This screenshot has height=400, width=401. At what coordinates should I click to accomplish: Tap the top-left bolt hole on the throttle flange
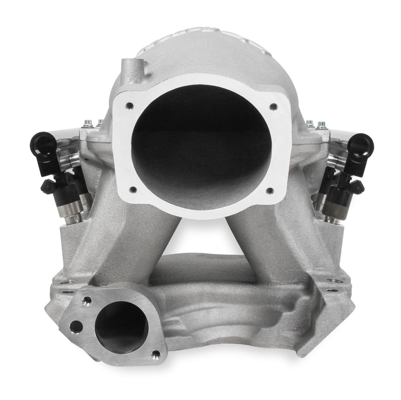coord(130,106)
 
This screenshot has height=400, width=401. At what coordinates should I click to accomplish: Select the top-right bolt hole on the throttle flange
coord(273,106)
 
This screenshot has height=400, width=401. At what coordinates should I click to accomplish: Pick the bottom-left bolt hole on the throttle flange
coord(132,189)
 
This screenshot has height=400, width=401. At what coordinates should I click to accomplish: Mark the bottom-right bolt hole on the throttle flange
coord(269,190)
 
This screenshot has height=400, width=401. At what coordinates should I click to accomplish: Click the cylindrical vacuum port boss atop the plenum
coord(128,67)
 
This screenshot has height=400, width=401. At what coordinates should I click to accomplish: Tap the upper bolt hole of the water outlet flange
coord(87,301)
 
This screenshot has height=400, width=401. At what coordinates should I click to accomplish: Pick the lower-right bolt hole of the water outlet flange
coord(155,354)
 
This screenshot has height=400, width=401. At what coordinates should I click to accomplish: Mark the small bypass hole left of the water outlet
coord(76,326)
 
